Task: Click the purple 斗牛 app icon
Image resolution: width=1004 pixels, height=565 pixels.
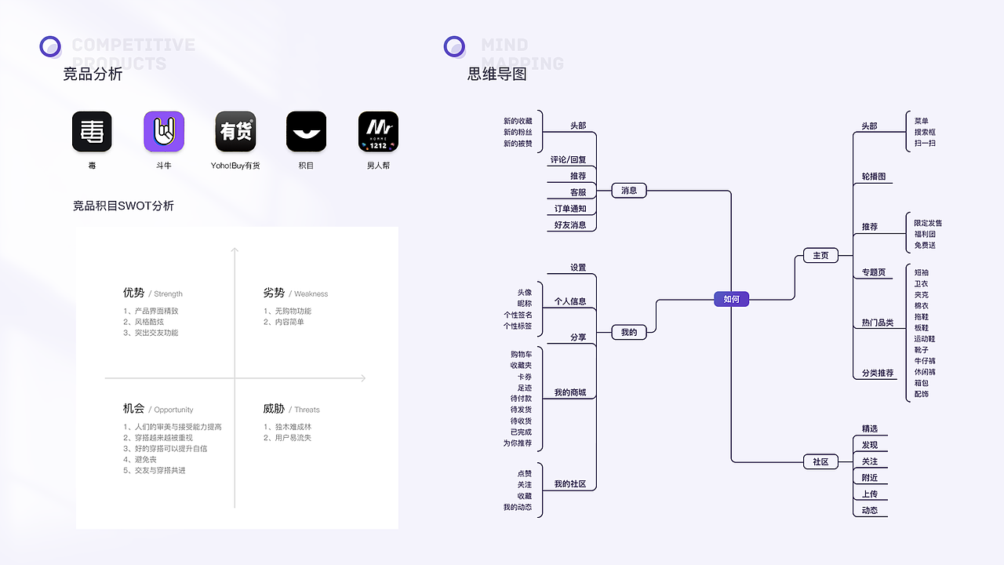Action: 163,131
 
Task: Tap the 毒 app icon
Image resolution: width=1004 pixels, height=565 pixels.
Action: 92,131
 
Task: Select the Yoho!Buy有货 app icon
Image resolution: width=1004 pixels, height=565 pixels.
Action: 235,131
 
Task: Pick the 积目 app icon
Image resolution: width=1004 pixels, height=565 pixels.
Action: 306,131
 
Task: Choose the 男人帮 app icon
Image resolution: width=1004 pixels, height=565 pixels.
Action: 378,131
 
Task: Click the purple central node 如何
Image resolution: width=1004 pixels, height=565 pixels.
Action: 731,299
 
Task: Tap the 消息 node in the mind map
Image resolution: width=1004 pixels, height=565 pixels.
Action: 629,190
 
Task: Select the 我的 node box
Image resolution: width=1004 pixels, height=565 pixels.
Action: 629,332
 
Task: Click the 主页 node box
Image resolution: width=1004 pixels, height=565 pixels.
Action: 820,255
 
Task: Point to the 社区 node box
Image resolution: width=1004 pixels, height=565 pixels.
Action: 820,461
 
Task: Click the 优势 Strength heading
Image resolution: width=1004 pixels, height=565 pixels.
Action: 152,293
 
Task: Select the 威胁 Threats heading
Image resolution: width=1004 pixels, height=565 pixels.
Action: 291,409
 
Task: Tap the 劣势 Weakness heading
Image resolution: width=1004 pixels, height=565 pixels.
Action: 295,293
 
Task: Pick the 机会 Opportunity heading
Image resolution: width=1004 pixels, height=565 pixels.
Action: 158,409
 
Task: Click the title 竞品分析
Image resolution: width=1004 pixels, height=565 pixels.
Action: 93,75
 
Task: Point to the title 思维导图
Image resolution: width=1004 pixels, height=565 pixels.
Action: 497,75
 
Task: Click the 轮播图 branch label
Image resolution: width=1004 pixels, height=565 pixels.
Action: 873,177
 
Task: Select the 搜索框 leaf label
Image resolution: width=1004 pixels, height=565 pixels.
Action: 925,132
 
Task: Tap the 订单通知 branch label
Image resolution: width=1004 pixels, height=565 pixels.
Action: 570,209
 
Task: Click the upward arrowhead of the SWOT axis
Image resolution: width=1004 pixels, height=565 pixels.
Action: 234,250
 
